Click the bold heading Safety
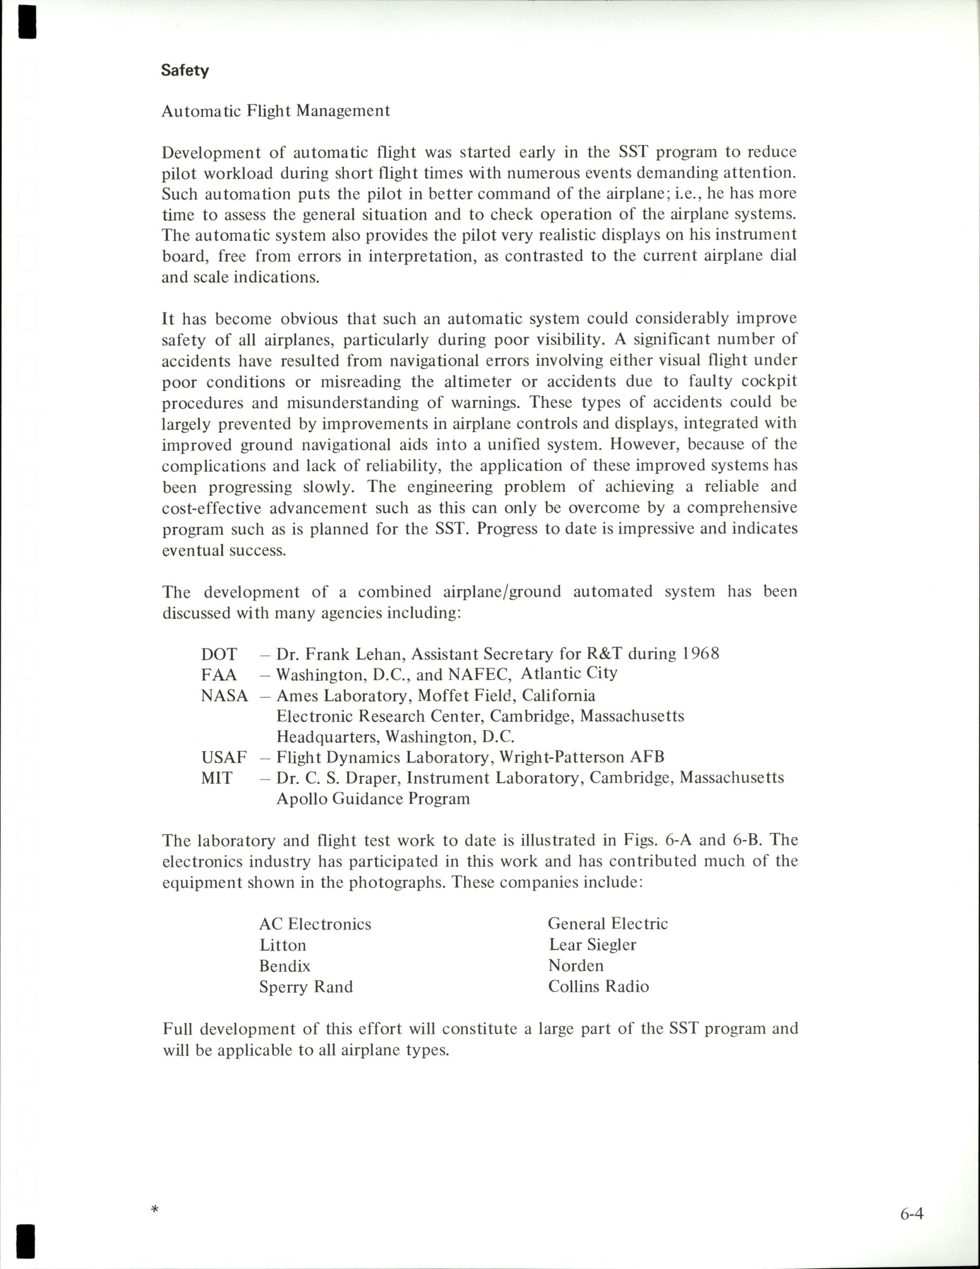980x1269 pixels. [185, 70]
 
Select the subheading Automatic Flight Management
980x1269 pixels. [275, 111]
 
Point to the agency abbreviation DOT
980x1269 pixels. [219, 654]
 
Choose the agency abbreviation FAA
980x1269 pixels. [219, 675]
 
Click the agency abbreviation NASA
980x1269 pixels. [224, 695]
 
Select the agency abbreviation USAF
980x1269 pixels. [223, 757]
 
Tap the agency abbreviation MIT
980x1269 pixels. [217, 778]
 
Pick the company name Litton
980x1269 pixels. [282, 945]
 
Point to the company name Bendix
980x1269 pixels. [285, 966]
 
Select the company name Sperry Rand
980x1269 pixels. [306, 986]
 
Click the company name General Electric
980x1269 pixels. [607, 923]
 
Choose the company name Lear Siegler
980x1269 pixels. [592, 944]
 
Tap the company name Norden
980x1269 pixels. [576, 965]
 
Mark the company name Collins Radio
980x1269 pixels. [599, 986]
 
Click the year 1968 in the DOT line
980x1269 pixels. [701, 654]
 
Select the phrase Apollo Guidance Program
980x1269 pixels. [373, 799]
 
